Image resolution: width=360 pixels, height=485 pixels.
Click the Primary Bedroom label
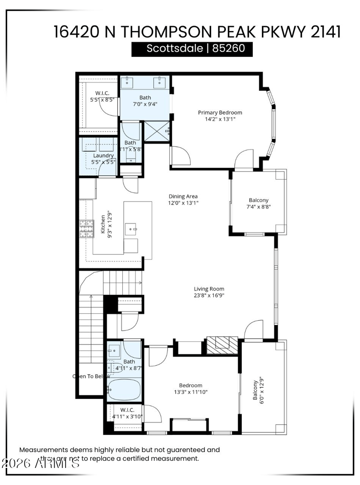click(220, 113)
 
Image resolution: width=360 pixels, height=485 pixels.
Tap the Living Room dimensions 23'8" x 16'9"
click(209, 296)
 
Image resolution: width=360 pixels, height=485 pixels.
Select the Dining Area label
click(183, 196)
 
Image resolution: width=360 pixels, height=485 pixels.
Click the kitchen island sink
click(133, 229)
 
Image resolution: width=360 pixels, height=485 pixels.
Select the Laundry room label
click(103, 155)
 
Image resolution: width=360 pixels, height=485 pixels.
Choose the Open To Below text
click(88, 376)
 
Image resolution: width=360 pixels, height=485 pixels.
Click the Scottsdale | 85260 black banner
click(192, 49)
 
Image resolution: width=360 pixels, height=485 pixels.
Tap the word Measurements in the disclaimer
click(43, 449)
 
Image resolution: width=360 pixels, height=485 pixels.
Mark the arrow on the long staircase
click(91, 298)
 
